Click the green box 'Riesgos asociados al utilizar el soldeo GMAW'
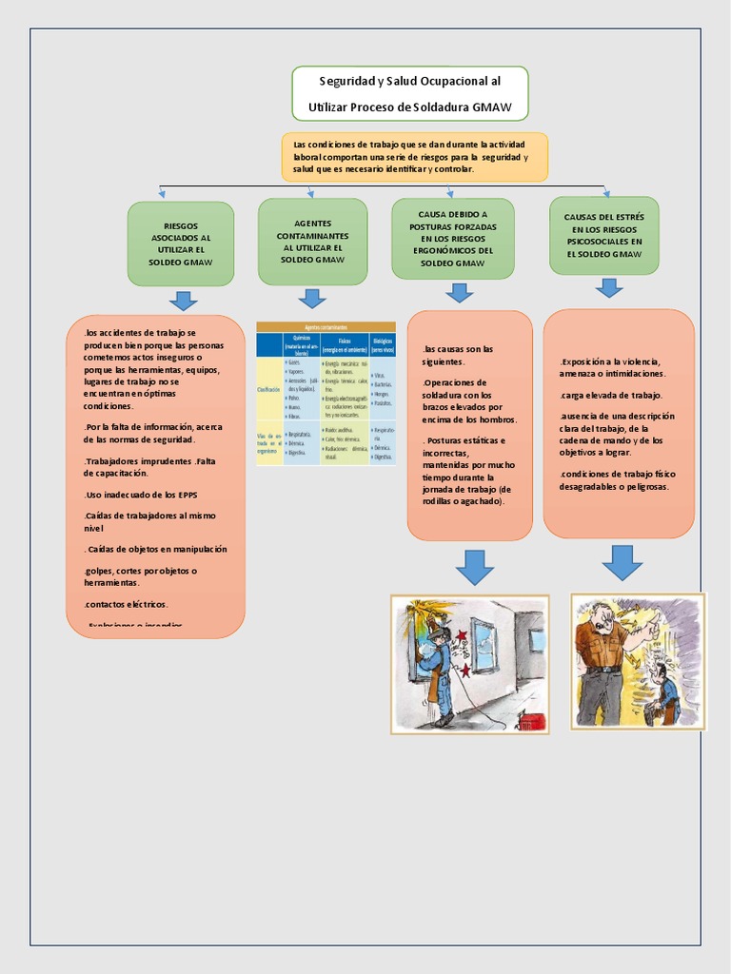pyautogui.click(x=181, y=243)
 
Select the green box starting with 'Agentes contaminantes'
pyautogui.click(x=312, y=241)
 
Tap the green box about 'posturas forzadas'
pyautogui.click(x=452, y=238)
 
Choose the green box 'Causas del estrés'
pyautogui.click(x=603, y=235)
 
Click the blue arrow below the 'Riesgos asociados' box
pyautogui.click(x=183, y=301)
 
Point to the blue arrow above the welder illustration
pyautogui.click(x=474, y=567)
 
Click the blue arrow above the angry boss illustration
pyautogui.click(x=622, y=562)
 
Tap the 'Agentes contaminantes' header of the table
pyautogui.click(x=326, y=326)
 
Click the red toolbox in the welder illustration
pyautogui.click(x=530, y=720)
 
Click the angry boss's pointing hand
pyautogui.click(x=650, y=631)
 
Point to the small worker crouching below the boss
pyautogui.click(x=663, y=694)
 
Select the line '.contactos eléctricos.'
pyautogui.click(x=126, y=604)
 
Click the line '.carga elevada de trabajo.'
pyautogui.click(x=612, y=395)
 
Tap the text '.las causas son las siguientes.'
pyautogui.click(x=459, y=355)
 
